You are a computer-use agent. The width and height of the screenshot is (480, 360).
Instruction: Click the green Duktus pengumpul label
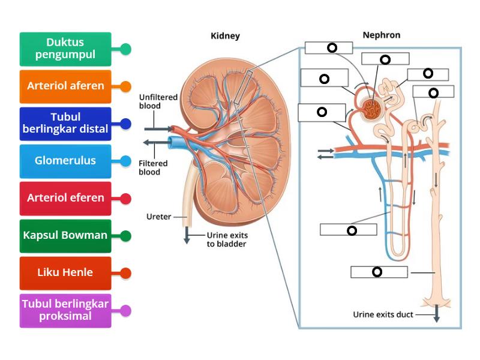tap(65, 49)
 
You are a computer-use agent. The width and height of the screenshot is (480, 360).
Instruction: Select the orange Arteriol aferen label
tap(65, 86)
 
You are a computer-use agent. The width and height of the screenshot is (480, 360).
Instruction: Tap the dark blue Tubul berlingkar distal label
tap(65, 124)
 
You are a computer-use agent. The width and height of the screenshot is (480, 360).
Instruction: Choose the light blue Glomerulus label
tap(65, 161)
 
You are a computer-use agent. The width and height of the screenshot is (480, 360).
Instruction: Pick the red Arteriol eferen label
tap(65, 198)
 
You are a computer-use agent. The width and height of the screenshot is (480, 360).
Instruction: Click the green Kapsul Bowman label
tap(65, 235)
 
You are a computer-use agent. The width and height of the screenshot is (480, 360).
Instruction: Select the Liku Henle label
tap(65, 272)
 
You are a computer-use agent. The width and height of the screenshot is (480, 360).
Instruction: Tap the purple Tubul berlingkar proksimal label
tap(65, 310)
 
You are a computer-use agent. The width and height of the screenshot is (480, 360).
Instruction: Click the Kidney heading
tap(225, 36)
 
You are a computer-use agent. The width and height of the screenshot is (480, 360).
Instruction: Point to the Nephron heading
tap(381, 35)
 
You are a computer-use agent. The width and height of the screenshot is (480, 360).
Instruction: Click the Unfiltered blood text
tap(150, 101)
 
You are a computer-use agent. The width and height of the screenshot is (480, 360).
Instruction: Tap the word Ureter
tap(159, 216)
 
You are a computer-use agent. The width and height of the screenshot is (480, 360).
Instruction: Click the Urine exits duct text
tap(383, 314)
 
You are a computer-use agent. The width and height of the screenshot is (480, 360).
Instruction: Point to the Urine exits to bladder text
tap(226, 239)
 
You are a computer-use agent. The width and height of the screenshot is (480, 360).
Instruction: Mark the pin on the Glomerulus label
tap(125, 161)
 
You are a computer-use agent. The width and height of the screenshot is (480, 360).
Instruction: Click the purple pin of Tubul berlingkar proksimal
tap(125, 310)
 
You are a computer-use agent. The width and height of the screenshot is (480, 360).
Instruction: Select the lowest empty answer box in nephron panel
tap(379, 272)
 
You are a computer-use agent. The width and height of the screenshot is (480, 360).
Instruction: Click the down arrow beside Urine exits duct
tap(436, 314)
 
